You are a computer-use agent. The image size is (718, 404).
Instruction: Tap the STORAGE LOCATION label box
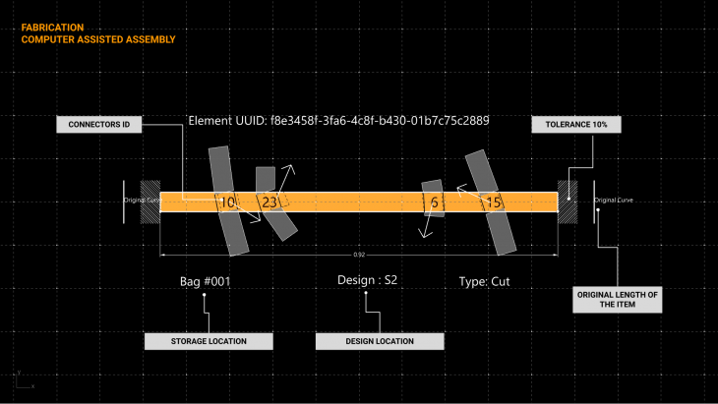click(x=208, y=341)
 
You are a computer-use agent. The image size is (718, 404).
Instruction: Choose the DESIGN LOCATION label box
click(x=380, y=341)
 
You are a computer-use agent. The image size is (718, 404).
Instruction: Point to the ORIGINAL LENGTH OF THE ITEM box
click(x=618, y=300)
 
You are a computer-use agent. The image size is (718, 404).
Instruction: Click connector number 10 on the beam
click(x=228, y=202)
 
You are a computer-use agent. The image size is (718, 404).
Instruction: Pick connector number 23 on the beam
click(x=269, y=202)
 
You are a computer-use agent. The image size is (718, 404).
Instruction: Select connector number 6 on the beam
click(x=434, y=202)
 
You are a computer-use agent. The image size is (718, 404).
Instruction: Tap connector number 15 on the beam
click(x=494, y=202)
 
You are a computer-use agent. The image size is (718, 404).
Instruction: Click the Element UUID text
click(x=338, y=121)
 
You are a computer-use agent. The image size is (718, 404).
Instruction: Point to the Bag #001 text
click(x=205, y=281)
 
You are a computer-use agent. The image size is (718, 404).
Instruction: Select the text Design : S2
click(x=367, y=280)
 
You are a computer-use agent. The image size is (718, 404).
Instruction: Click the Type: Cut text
click(x=485, y=281)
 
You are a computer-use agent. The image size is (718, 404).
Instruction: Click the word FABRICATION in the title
click(x=52, y=28)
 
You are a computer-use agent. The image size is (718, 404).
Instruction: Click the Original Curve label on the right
click(x=614, y=201)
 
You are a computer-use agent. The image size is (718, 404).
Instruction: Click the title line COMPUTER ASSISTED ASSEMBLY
click(x=98, y=40)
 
